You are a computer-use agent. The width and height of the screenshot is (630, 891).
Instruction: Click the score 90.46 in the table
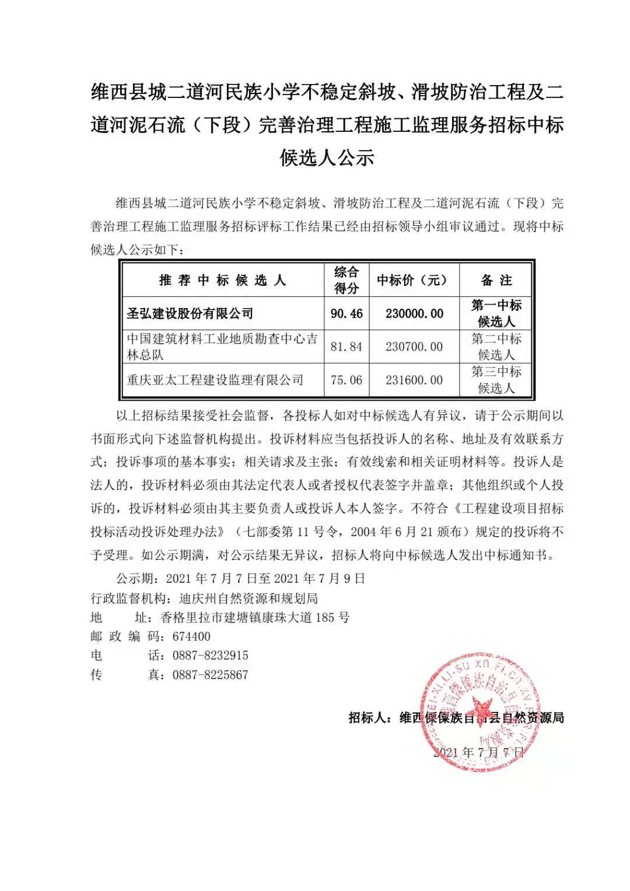coord(346,314)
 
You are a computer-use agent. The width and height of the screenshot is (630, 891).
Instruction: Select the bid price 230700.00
coord(414,347)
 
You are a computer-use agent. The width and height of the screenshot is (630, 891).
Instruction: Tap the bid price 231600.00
coord(414,380)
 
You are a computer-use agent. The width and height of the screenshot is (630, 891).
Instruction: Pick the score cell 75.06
coord(346,380)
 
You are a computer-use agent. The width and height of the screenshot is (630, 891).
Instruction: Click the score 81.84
coord(346,347)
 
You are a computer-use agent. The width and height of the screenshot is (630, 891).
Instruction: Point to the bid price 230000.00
coord(414,314)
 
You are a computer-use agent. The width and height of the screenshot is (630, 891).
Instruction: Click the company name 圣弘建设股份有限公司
coord(190,314)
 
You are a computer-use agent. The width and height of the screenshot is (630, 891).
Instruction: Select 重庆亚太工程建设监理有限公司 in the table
coord(215,380)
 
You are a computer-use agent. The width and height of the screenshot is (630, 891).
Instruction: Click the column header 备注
coord(496,281)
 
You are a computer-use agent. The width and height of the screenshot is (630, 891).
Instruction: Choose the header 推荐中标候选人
coord(222,281)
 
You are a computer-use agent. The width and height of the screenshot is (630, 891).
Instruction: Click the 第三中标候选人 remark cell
coord(496,380)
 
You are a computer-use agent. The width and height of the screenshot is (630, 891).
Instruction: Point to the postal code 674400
coord(191,637)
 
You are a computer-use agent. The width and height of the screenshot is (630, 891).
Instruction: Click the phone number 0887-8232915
coord(210,656)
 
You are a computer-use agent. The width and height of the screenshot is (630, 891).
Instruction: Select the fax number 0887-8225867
coord(210,675)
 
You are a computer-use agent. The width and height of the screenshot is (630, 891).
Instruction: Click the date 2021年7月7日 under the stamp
coord(478,752)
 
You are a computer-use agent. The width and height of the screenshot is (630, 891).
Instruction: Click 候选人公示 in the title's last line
coord(327,158)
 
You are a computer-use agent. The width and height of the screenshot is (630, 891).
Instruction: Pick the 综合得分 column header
coord(346,281)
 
